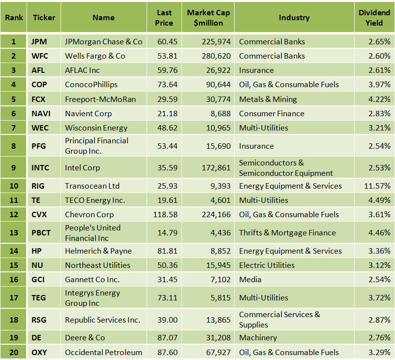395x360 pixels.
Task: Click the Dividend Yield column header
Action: click(x=374, y=18)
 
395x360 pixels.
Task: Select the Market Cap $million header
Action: click(x=208, y=18)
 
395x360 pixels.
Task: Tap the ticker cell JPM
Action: click(x=39, y=42)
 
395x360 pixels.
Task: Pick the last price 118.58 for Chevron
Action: click(x=164, y=215)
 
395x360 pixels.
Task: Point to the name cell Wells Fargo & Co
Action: click(x=95, y=56)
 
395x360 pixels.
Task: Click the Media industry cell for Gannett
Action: click(x=250, y=280)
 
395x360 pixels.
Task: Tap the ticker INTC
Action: click(x=40, y=168)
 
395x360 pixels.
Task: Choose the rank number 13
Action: click(x=14, y=233)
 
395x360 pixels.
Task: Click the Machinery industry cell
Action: click(x=258, y=338)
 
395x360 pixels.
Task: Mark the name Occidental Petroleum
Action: click(x=103, y=352)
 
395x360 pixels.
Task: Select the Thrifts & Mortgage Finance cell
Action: click(x=287, y=233)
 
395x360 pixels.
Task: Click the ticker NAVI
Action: click(x=41, y=114)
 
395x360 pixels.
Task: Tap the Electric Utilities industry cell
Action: click(x=267, y=265)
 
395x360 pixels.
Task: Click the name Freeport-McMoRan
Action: click(x=100, y=99)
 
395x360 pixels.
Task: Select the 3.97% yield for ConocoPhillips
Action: click(x=379, y=85)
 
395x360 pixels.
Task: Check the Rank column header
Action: click(x=14, y=18)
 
